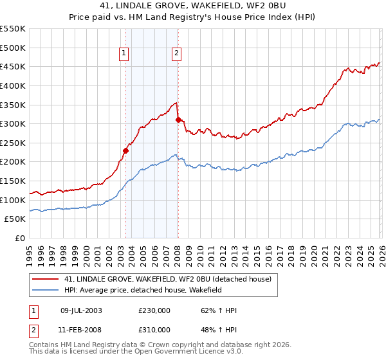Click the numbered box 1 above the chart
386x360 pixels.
[x=123, y=54]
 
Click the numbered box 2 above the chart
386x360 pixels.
[x=176, y=54]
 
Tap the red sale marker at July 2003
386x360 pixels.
[x=126, y=150]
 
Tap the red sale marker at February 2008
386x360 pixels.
[x=178, y=120]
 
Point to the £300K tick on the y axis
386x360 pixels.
[x=14, y=123]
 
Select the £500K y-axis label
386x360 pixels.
[x=14, y=48]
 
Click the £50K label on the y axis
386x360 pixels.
[x=16, y=219]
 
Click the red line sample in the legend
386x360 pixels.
[x=45, y=280]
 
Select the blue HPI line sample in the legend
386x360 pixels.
[x=45, y=291]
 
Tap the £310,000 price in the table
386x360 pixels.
[x=154, y=330]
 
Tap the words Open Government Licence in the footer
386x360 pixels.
[x=182, y=352]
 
